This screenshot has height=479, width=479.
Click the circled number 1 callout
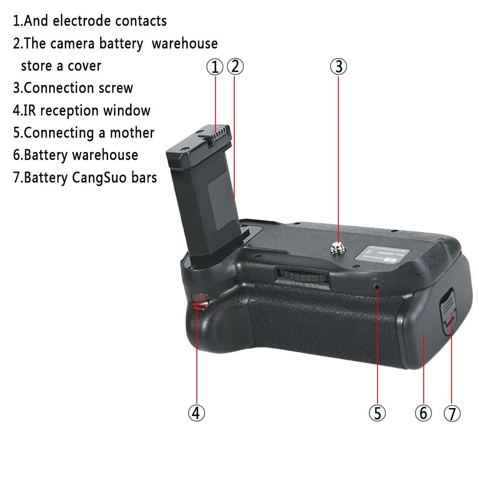(215, 67)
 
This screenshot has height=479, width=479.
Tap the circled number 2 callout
(235, 67)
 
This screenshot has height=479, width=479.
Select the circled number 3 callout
(338, 67)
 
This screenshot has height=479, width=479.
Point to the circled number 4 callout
(196, 412)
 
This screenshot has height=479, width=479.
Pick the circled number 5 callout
(377, 412)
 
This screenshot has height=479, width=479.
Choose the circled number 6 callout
(423, 412)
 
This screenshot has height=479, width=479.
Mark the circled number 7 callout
(452, 412)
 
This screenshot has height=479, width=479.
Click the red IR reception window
(199, 301)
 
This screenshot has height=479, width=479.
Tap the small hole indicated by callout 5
(377, 287)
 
